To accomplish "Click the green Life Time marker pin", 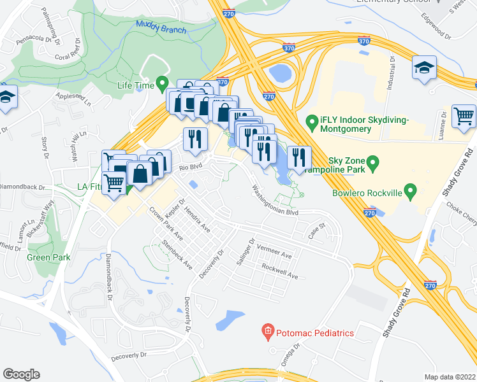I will pos(162,83).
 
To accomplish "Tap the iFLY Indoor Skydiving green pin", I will pos(312,120).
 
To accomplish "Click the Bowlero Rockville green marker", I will pos(411,190).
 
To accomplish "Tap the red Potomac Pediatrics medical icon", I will pos(267,332).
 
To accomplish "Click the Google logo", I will pos(21,374).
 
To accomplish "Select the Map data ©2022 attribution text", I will pos(450,376).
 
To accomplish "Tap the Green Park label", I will pos(48,257).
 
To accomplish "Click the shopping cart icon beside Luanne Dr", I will pos(464,116).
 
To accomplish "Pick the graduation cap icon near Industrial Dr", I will pos(423,68).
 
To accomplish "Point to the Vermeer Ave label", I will pos(274,254).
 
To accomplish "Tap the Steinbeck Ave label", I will pos(177,254).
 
